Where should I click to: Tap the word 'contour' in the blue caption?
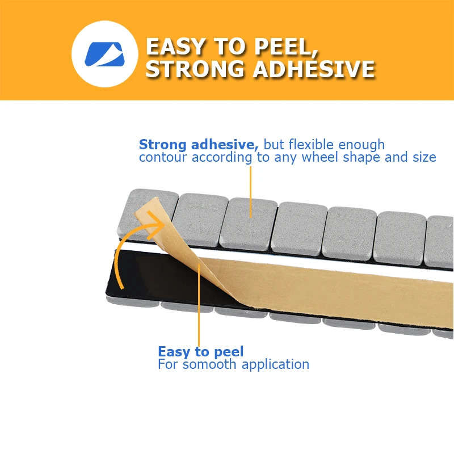[162, 157]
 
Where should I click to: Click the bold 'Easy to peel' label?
[201, 351]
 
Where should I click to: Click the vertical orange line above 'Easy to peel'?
[199, 306]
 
